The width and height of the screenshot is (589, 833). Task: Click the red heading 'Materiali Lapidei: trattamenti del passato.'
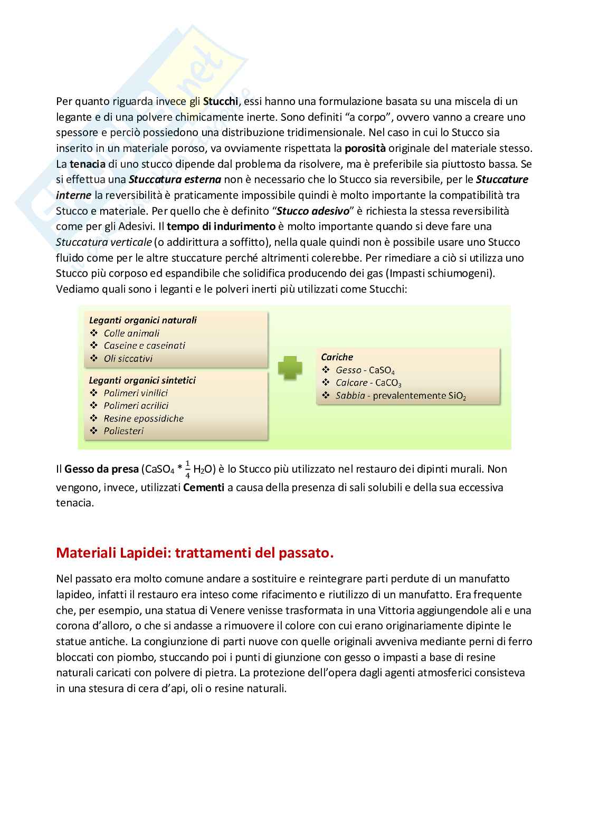click(195, 553)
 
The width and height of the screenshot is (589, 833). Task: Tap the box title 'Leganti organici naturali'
click(142, 320)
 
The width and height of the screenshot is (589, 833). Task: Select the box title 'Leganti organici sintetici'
click(142, 380)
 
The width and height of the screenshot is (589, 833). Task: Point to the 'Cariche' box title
click(337, 357)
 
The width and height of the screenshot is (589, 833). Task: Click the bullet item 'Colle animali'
click(131, 333)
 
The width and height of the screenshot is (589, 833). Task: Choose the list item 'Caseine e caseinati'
click(144, 346)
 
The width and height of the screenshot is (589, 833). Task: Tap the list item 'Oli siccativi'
click(128, 359)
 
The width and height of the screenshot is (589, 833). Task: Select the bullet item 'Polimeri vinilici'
click(136, 393)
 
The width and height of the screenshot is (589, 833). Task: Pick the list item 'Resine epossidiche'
click(144, 418)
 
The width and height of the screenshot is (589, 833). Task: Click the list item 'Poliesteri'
click(123, 431)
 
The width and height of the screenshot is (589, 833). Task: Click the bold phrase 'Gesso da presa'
click(101, 469)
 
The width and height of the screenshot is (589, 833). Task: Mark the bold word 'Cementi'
click(204, 487)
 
